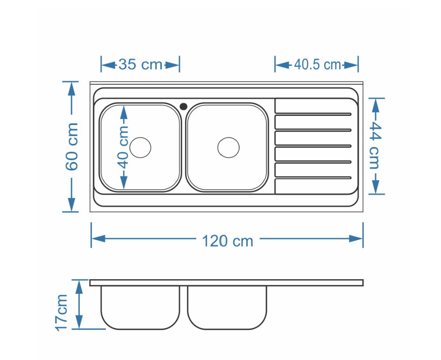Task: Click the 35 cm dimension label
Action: (140, 65)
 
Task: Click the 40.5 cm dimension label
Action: (318, 65)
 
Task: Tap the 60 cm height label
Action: (72, 147)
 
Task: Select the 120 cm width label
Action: (228, 241)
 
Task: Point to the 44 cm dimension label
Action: (376, 145)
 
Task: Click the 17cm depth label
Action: (61, 313)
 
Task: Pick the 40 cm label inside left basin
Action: (123, 147)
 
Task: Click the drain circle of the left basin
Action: (140, 148)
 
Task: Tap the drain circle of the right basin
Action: (228, 148)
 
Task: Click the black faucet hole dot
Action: (183, 106)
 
